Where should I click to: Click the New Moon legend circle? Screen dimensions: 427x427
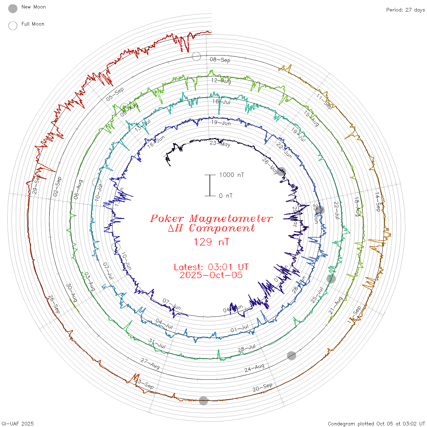click(13, 9)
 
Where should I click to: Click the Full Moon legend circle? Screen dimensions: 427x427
click(13, 26)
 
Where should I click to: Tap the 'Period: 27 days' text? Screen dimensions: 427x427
click(405, 10)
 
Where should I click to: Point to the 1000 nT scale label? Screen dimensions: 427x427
click(232, 175)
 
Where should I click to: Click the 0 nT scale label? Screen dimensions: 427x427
click(226, 196)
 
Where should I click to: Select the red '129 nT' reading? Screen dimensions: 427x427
click(211, 242)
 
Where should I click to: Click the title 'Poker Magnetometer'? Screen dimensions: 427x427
click(211, 219)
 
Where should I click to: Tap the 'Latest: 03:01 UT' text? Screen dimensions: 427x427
click(211, 267)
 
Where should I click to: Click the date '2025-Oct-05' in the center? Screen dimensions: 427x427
click(211, 275)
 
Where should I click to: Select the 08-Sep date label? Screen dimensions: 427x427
click(220, 60)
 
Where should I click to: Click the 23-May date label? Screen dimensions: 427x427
click(220, 143)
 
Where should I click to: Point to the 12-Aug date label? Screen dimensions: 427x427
click(221, 81)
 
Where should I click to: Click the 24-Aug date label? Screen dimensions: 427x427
click(254, 368)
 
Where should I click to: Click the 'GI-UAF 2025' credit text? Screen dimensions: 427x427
click(18, 424)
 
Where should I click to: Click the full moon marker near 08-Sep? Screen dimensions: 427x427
click(196, 56)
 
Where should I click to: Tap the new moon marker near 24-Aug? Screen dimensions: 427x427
click(292, 356)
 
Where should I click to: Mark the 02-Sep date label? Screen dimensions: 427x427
click(57, 186)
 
